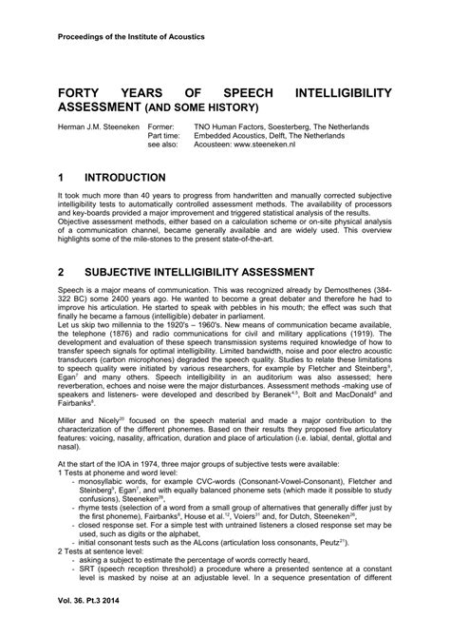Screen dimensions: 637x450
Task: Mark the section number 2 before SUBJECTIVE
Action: (61, 270)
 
